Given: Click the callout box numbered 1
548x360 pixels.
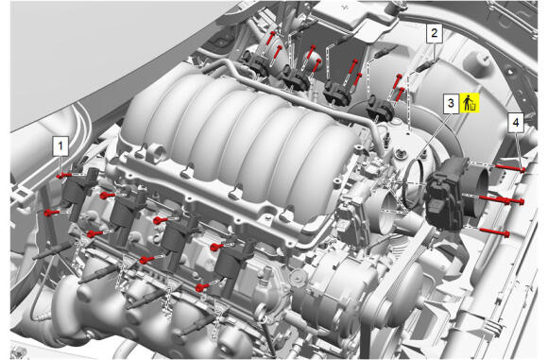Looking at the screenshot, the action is [x=60, y=146].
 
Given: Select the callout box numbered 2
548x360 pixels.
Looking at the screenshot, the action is [x=434, y=34].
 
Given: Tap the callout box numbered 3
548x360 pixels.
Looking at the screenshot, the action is [x=451, y=103].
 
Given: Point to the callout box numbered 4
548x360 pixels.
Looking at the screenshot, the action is [x=516, y=123].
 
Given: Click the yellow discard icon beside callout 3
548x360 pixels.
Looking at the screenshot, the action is [x=470, y=103].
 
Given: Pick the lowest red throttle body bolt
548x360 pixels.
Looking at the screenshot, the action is [x=495, y=232].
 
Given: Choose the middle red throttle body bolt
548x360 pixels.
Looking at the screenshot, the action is [x=501, y=200].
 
